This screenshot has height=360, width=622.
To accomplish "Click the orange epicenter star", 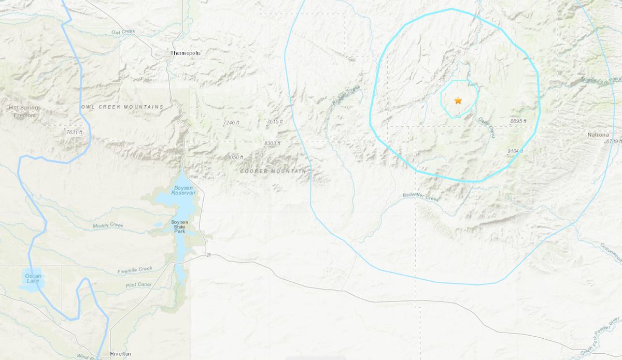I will [x=458, y=100].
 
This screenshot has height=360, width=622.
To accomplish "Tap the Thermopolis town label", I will [x=186, y=53].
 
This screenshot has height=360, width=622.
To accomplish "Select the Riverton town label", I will [x=121, y=354].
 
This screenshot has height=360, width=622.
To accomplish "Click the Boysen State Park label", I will [x=181, y=227].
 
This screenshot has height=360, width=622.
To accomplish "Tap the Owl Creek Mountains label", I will [x=122, y=107].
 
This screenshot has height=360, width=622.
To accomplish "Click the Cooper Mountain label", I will [x=273, y=170].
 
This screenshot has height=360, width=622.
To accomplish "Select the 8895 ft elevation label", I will [x=518, y=121].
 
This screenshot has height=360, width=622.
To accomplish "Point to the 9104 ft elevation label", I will [x=515, y=151].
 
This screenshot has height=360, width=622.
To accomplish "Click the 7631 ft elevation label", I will [x=74, y=133].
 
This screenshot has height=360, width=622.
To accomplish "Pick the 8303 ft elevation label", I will [x=272, y=143].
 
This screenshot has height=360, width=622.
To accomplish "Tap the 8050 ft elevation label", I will [x=235, y=157].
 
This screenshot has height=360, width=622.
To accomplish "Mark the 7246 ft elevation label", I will [x=231, y=122].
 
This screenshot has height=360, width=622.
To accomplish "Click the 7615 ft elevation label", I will [x=275, y=121].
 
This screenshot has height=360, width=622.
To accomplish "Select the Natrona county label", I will [x=598, y=135].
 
